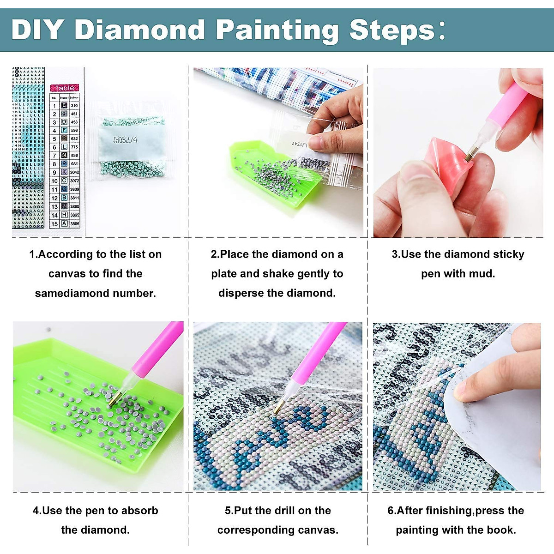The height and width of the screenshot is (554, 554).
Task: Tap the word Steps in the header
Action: [392, 30]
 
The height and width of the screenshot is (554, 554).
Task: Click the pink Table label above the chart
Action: [65, 88]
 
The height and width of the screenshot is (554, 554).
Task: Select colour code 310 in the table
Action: [74, 106]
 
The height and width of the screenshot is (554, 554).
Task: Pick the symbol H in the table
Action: [64, 215]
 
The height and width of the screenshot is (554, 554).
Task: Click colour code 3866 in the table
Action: [75, 223]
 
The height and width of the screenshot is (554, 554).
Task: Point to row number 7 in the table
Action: [54, 156]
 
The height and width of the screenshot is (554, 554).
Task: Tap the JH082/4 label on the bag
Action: [125, 139]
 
